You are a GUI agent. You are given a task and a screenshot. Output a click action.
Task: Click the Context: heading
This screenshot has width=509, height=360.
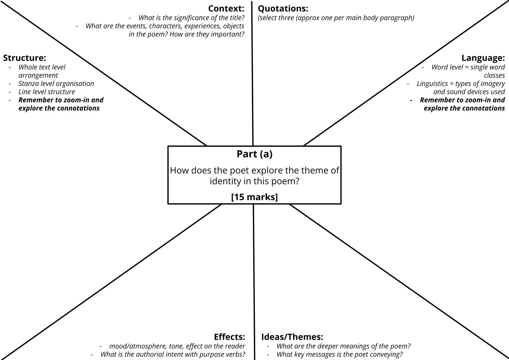pos(226,8)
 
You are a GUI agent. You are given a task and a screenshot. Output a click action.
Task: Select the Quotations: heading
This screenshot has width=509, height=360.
pos(283,8)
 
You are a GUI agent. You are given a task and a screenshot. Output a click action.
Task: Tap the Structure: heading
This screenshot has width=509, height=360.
pos(24,58)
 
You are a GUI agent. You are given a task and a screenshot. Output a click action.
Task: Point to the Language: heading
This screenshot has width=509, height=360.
pos(483,58)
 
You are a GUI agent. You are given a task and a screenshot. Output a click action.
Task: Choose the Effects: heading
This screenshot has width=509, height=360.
pos(229,337)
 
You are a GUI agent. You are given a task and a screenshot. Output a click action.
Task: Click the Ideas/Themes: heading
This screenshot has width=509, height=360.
pos(292,337)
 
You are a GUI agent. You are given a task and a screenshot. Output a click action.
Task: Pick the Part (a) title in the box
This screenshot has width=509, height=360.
pos(254,154)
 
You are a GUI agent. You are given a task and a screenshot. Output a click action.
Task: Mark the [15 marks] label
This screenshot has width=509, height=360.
pos(254,197)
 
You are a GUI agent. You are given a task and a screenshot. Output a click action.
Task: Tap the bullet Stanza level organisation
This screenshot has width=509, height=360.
pos(56,83)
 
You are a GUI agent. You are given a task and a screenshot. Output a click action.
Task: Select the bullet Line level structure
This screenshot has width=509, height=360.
pos(47,92)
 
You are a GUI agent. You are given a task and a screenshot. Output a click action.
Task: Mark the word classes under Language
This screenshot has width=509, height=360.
pos(494,75)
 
